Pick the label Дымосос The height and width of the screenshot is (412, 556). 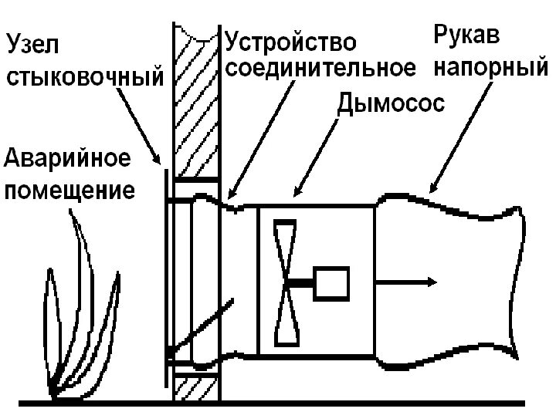point(392,102)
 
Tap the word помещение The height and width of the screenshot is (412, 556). point(70,189)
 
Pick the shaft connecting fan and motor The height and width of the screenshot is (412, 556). point(303,284)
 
